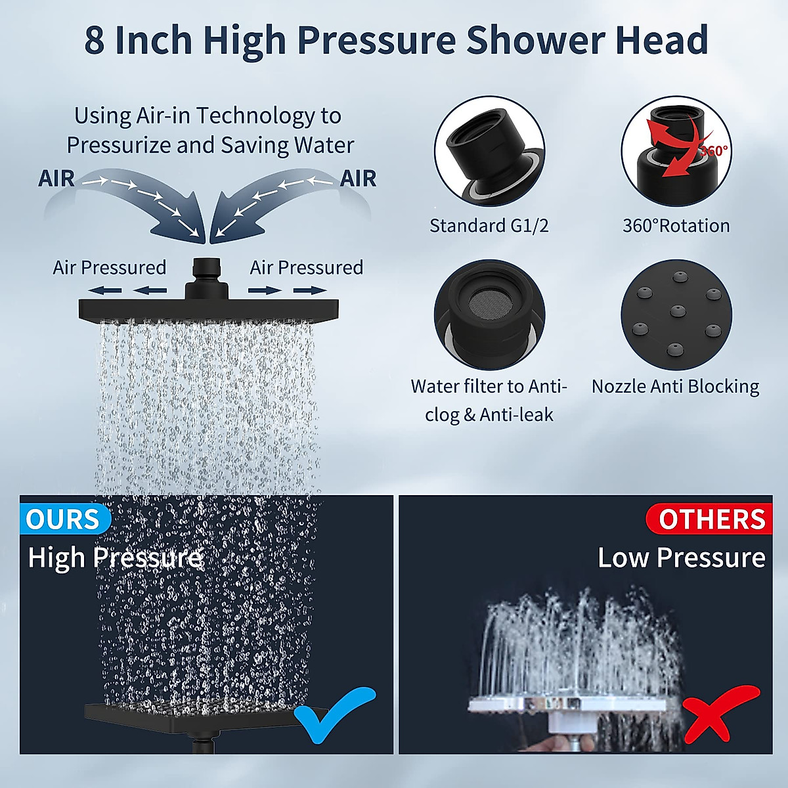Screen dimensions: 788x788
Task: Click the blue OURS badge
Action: tap(63, 519)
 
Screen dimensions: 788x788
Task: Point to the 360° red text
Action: tap(713, 150)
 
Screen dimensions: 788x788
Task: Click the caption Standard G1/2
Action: tap(489, 226)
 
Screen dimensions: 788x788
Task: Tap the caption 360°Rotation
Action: tap(676, 226)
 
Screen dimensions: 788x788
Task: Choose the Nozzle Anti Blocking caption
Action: tap(675, 386)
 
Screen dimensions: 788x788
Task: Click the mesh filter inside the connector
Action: tap(487, 302)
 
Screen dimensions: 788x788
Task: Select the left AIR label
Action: tap(56, 179)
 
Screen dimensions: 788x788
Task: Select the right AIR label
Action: tap(358, 179)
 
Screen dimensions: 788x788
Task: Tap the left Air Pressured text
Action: tap(109, 268)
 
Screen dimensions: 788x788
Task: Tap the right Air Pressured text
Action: tap(306, 268)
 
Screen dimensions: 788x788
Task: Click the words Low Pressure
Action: tap(681, 558)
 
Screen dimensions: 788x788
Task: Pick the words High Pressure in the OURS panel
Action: tap(115, 558)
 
